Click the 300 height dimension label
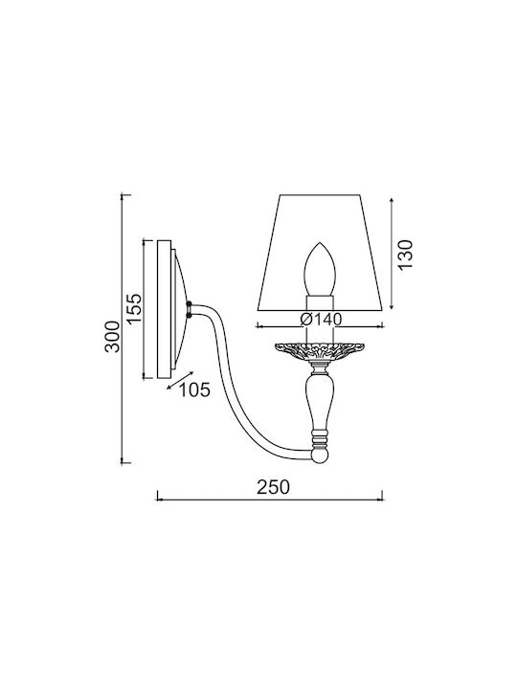[x=113, y=337]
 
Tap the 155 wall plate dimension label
[x=135, y=309]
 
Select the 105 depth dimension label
[x=194, y=389]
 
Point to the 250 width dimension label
[x=274, y=487]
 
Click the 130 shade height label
[x=405, y=256]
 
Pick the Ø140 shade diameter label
[x=321, y=319]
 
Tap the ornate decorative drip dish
[x=321, y=350]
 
